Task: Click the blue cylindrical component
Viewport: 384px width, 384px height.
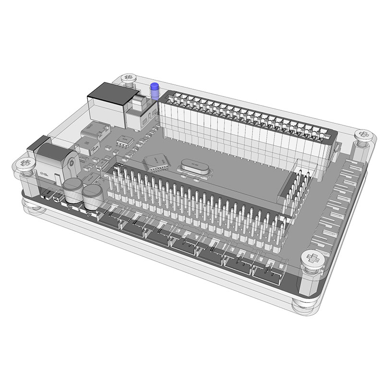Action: pyautogui.click(x=155, y=91)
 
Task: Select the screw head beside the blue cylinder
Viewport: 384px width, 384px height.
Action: pyautogui.click(x=129, y=77)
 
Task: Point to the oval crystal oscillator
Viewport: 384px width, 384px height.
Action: pyautogui.click(x=192, y=167)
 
